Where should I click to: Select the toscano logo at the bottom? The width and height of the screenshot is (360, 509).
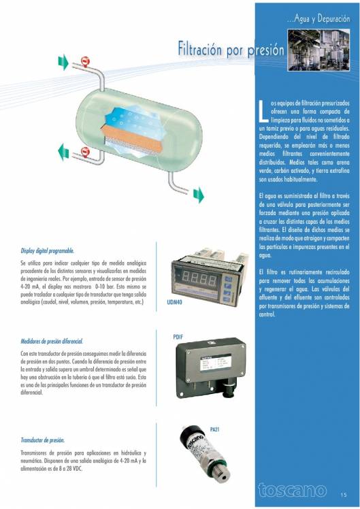(x=293, y=489)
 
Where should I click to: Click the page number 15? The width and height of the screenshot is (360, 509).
(x=344, y=493)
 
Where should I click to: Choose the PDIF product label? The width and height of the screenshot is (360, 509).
(x=180, y=337)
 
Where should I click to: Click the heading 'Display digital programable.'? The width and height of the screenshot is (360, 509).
(x=47, y=250)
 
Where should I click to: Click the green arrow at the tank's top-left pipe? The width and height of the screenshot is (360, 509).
(x=63, y=63)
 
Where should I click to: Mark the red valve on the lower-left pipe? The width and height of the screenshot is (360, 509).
(x=85, y=151)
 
